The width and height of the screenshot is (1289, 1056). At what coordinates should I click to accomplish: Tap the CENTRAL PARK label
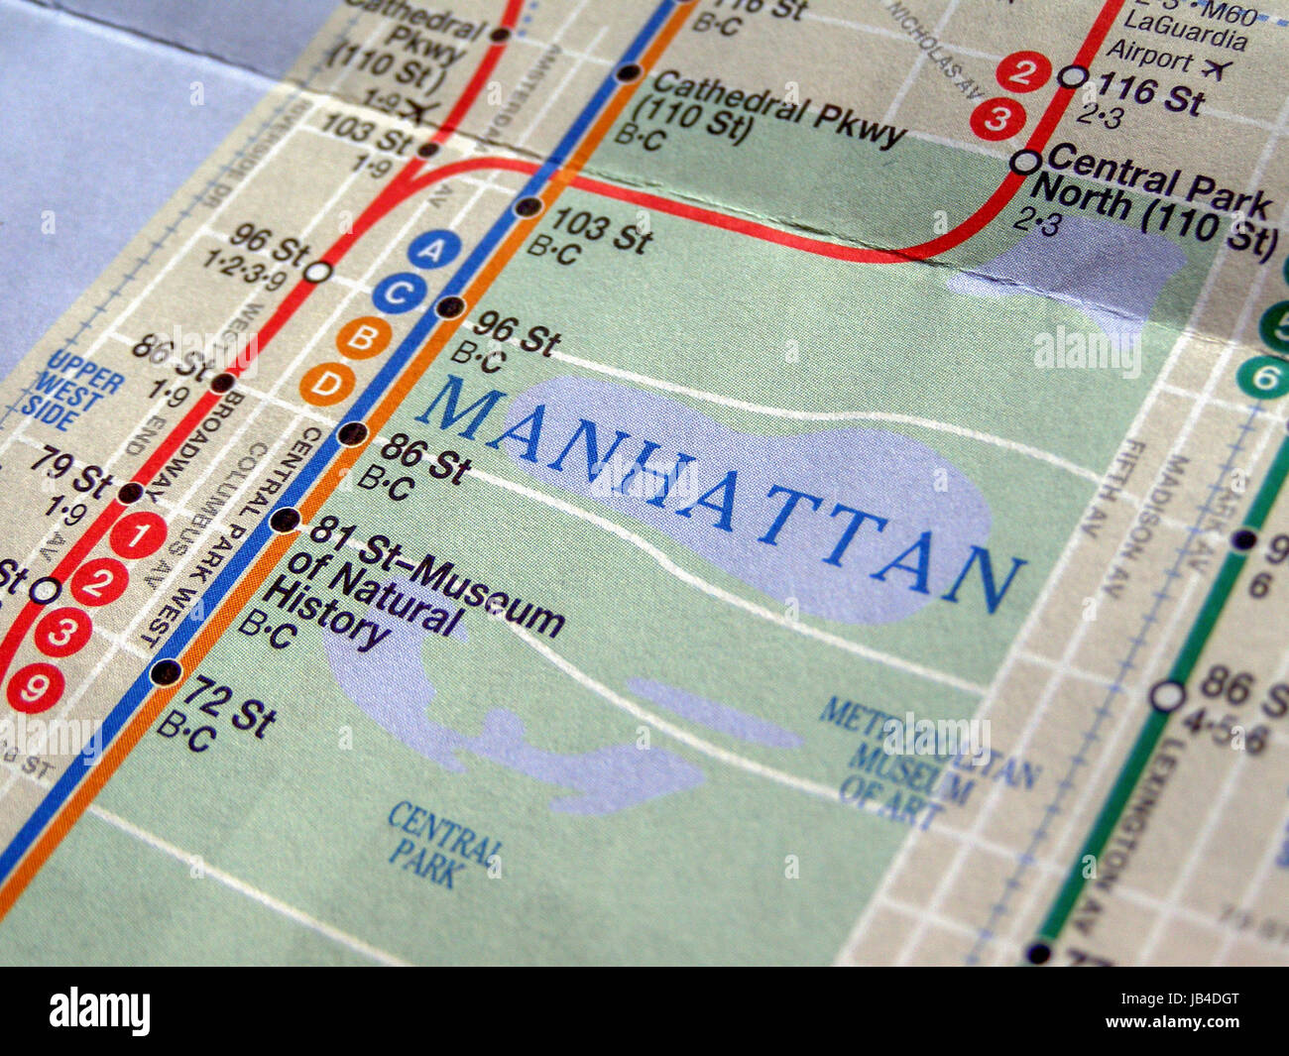point(444,844)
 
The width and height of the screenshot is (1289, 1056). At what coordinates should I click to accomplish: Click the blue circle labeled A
point(428,250)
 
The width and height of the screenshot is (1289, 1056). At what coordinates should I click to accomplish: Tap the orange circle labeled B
point(362,339)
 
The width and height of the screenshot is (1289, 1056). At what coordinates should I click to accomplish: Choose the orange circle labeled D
point(327,385)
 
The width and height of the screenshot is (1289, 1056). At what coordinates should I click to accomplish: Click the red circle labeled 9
point(36,688)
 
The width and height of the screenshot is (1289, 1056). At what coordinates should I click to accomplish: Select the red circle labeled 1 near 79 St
point(138,535)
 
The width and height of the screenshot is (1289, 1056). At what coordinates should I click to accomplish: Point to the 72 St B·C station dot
point(166,672)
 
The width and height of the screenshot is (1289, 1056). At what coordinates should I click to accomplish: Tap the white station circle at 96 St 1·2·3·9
point(317,271)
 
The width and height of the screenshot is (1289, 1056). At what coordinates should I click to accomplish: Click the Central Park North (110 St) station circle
point(1024,161)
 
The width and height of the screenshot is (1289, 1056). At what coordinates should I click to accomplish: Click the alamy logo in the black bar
point(99,1011)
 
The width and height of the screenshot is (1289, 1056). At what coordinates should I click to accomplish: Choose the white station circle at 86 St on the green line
point(1167,695)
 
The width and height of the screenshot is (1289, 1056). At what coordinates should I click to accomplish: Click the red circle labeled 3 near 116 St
point(996,119)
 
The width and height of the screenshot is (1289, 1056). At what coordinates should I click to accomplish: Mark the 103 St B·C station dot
point(527,207)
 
